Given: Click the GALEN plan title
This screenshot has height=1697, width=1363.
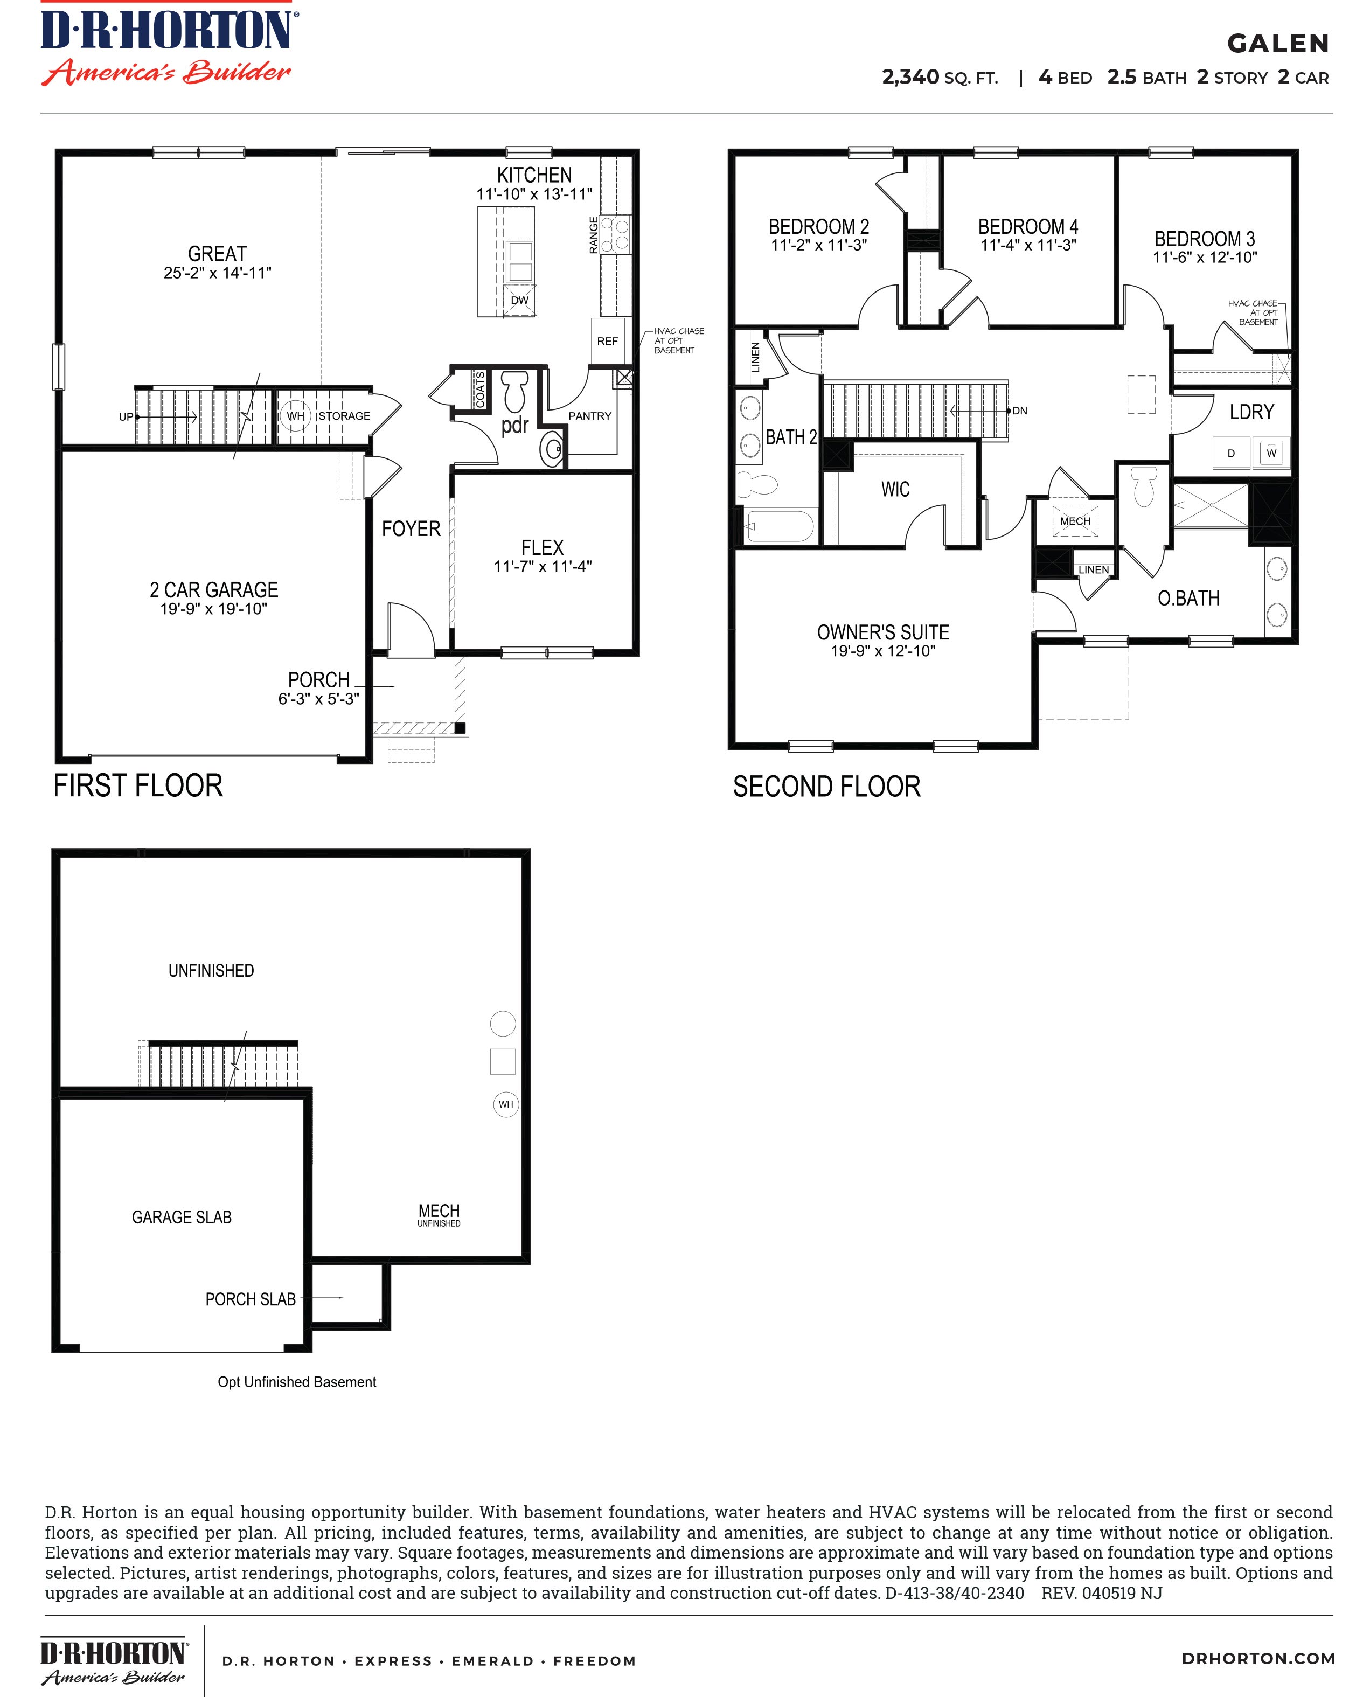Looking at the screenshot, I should (x=1277, y=43).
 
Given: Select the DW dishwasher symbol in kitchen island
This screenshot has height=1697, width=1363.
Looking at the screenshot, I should (x=519, y=300).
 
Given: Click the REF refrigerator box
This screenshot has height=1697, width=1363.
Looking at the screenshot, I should (x=608, y=341).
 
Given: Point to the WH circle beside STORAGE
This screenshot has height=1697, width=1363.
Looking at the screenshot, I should (x=295, y=415).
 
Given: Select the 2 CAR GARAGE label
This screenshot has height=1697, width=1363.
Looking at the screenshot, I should (x=214, y=589).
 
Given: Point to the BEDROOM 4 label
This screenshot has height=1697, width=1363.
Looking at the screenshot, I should (x=1028, y=227).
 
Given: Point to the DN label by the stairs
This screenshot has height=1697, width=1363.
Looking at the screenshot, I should (x=1020, y=411).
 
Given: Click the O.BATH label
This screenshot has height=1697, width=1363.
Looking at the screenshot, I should (x=1188, y=598).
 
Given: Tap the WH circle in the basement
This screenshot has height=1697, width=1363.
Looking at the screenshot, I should (x=505, y=1104).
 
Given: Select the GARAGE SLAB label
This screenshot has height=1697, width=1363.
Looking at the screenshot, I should (x=182, y=1217).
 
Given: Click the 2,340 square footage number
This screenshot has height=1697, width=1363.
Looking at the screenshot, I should (x=910, y=77).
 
